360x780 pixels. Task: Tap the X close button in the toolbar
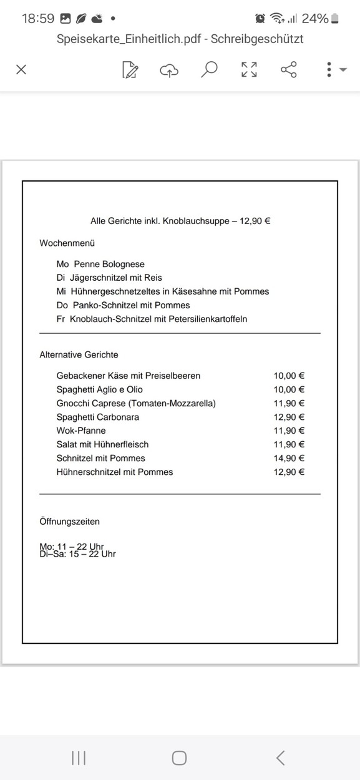pos(21,69)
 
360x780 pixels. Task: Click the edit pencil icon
pos(130,70)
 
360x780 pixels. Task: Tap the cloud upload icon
pos(169,70)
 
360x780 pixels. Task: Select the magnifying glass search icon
pos(209,69)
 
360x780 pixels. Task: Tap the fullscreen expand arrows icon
pos(249,69)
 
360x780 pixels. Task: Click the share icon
pos(289,69)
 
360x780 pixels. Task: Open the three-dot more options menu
pos(329,69)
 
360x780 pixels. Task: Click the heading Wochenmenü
pos(67,243)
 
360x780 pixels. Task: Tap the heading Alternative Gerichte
pos(79,354)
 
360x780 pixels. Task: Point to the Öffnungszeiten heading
pos(69,521)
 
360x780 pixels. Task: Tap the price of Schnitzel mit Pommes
pos(289,458)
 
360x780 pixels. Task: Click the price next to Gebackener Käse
pos(289,376)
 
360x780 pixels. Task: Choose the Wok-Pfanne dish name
pos(81,431)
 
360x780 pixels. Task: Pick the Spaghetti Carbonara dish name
pos(98,417)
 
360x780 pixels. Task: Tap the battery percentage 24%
pos(314,19)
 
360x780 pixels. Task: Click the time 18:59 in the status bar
pos(38,19)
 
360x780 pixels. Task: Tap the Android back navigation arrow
pos(280,758)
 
